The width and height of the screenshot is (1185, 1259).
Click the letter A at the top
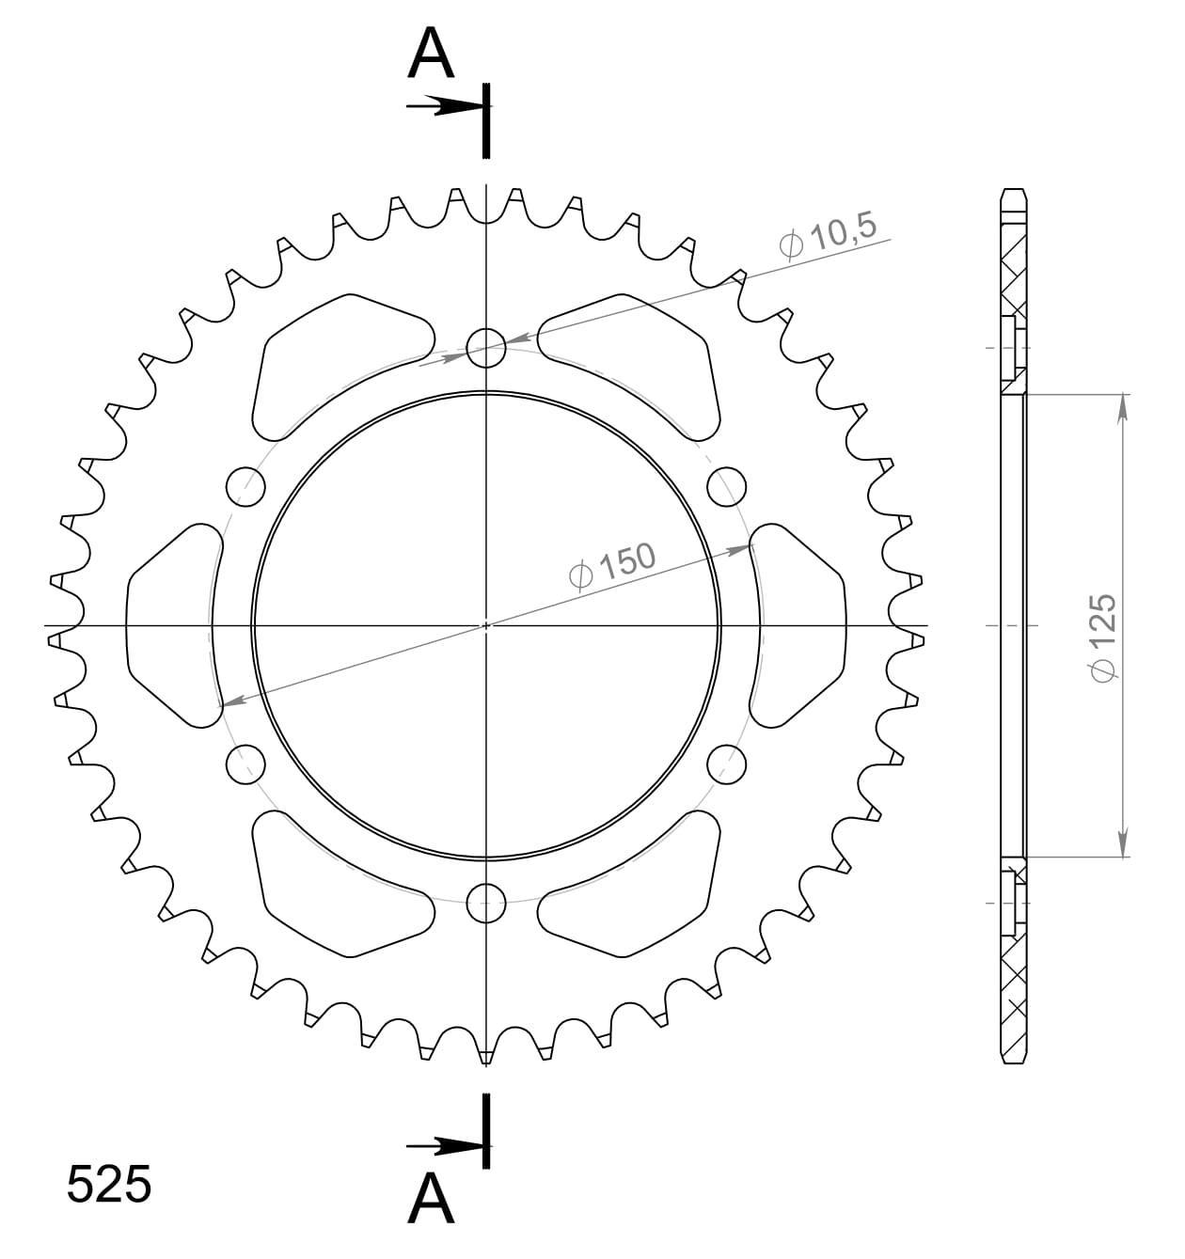(x=432, y=55)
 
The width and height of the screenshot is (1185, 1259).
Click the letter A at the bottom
(x=432, y=1199)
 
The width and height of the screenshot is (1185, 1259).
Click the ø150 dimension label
(x=612, y=564)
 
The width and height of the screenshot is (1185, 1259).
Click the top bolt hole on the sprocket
(x=486, y=345)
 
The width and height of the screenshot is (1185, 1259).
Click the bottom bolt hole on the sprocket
(x=486, y=904)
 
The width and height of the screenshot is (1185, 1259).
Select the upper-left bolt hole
(x=246, y=485)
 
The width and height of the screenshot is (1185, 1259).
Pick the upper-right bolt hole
(x=726, y=485)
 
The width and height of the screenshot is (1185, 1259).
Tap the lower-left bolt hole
(x=246, y=763)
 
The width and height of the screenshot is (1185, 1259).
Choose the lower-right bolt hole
(x=726, y=763)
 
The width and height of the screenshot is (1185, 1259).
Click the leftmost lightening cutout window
(x=172, y=625)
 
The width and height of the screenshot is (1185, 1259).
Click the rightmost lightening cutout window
(x=798, y=625)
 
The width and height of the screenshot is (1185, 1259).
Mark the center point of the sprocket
(x=486, y=624)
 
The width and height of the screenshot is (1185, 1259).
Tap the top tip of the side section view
(x=1013, y=193)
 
